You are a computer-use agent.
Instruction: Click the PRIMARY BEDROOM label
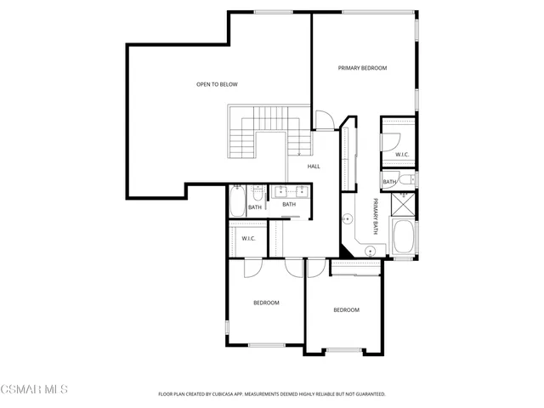pyautogui.click(x=362, y=68)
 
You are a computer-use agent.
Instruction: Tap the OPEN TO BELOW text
pyautogui.click(x=217, y=84)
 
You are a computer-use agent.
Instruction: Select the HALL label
pyautogui.click(x=314, y=167)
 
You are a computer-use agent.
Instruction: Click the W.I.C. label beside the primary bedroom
pyautogui.click(x=402, y=155)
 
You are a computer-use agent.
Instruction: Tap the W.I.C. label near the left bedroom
pyautogui.click(x=248, y=238)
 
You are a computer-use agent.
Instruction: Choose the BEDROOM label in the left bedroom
pyautogui.click(x=266, y=303)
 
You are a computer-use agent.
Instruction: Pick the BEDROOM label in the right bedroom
pyautogui.click(x=346, y=310)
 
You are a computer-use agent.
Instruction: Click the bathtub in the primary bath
pyautogui.click(x=405, y=235)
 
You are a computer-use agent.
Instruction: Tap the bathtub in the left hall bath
pyautogui.click(x=236, y=201)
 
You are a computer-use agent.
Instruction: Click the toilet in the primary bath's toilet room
pyautogui.click(x=405, y=178)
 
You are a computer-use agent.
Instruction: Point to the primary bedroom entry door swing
pyautogui.click(x=325, y=121)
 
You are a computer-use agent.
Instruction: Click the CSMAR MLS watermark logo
pyautogui.click(x=34, y=390)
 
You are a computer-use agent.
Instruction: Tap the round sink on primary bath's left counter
pyautogui.click(x=348, y=219)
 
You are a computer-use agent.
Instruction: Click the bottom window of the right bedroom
pyautogui.click(x=345, y=351)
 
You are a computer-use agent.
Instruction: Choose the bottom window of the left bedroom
pyautogui.click(x=266, y=345)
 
